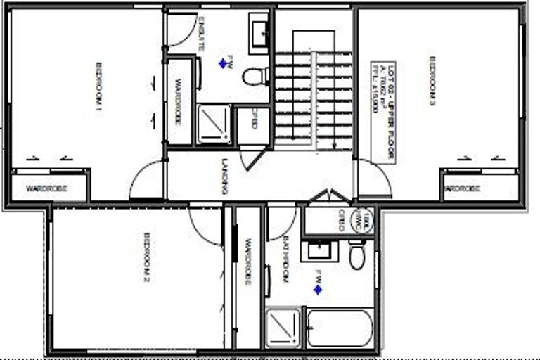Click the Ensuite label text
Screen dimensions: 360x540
pyautogui.click(x=201, y=33)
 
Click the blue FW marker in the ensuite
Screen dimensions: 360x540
pyautogui.click(x=223, y=63)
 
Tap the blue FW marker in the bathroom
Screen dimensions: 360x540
pyautogui.click(x=318, y=288)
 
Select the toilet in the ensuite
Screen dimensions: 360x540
pyautogui.click(x=255, y=76)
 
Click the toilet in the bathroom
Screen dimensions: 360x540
pyautogui.click(x=357, y=256)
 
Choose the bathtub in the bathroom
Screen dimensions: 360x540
pyautogui.click(x=340, y=328)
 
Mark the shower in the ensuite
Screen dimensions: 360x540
pyautogui.click(x=214, y=124)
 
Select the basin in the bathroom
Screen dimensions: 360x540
pyautogui.click(x=320, y=250)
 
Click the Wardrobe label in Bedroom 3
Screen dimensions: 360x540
pyautogui.click(x=464, y=188)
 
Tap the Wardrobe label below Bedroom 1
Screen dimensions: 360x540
pyautogui.click(x=46, y=188)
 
